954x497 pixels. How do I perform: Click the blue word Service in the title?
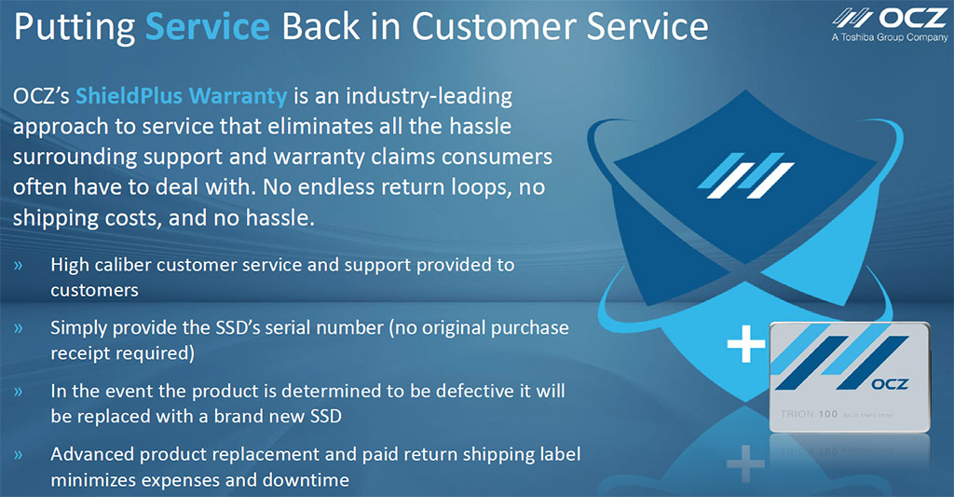[x=208, y=27]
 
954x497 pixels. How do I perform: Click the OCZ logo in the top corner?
[x=890, y=19]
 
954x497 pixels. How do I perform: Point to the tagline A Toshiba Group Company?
[x=890, y=37]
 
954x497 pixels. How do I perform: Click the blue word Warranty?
[x=238, y=97]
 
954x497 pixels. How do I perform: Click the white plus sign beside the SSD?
[x=746, y=343]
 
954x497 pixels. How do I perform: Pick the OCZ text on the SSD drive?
[x=890, y=384]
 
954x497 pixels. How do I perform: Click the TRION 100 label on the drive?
[x=810, y=414]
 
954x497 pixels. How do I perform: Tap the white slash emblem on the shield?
[x=745, y=175]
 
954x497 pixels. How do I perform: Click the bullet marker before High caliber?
[x=19, y=266]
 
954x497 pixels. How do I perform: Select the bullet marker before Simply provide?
[x=19, y=328]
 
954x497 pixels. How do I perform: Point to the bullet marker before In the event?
[x=19, y=392]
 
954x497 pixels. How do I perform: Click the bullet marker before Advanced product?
[x=19, y=455]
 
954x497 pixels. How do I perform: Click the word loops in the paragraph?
[x=480, y=187]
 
